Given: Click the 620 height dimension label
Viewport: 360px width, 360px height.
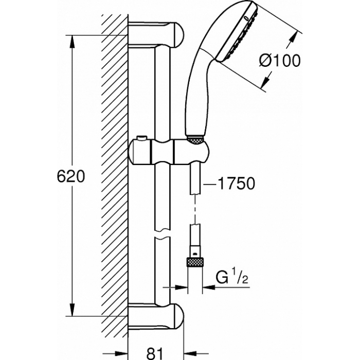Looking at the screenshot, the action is point(71,176).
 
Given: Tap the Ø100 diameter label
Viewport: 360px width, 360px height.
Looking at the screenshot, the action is point(280,61).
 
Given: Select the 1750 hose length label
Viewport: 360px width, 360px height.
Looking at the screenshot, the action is point(236,184).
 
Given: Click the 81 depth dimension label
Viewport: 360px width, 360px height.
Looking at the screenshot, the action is point(154,353).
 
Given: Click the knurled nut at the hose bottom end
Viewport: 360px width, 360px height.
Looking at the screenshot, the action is point(195,262).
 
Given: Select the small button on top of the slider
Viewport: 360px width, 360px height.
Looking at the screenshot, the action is point(141,138).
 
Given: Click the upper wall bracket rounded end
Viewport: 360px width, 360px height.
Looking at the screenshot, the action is point(178,35).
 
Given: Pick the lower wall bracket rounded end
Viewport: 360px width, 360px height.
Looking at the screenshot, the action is point(178,316).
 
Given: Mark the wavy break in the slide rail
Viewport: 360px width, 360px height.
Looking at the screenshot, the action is point(163,233).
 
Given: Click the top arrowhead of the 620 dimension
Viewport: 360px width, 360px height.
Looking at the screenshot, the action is point(72,42).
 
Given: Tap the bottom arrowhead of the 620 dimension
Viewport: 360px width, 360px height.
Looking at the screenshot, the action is point(72,310).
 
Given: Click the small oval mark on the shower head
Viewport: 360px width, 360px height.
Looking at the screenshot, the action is point(246,18).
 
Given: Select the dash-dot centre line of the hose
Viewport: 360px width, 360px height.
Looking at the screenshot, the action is point(195,210).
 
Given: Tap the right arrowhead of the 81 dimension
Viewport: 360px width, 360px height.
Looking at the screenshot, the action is point(190,353).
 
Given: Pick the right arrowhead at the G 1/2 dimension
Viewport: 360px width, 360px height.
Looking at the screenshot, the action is point(209,287).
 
